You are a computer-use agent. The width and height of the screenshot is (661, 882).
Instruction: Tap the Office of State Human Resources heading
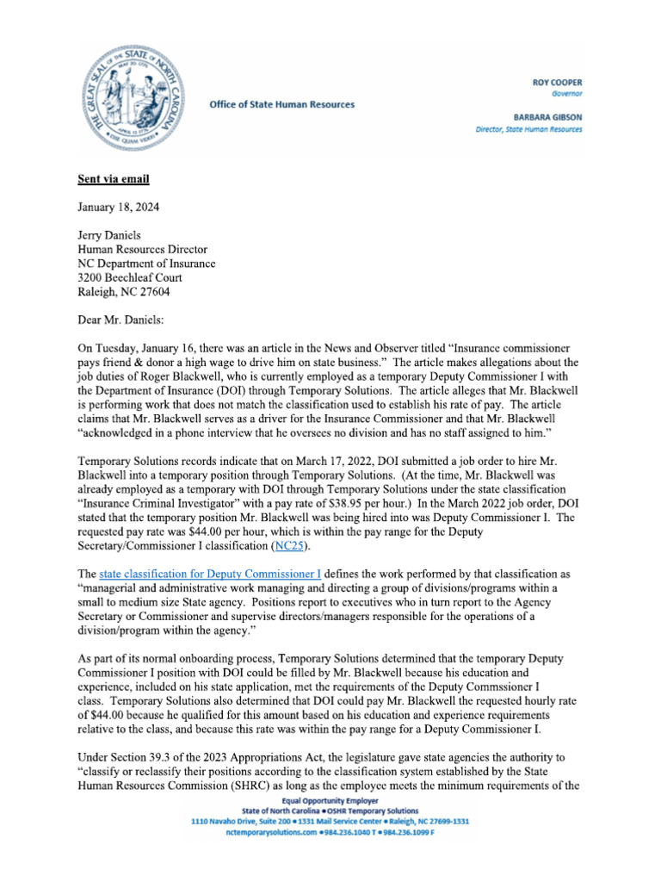(281, 104)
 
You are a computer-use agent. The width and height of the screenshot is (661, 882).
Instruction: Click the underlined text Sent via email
(114, 179)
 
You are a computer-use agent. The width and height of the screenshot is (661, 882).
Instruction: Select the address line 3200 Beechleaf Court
(130, 277)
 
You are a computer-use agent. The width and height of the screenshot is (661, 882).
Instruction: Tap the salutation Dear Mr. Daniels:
(127, 319)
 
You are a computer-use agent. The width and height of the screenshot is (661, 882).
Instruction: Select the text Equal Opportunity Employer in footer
(330, 801)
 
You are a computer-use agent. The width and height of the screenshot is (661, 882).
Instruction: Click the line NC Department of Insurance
(146, 263)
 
